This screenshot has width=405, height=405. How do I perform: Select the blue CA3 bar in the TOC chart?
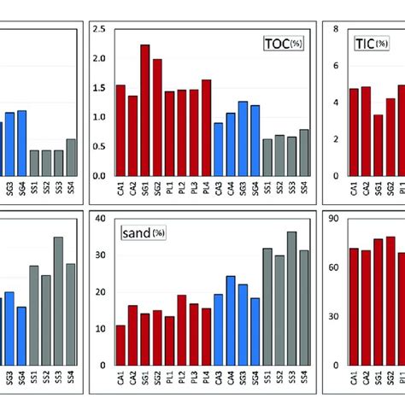tap(219, 149)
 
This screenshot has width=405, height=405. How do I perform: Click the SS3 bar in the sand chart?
tap(291, 298)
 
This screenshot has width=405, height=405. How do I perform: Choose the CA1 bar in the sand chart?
tap(120, 345)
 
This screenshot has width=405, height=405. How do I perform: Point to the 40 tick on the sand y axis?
tap(102, 220)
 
